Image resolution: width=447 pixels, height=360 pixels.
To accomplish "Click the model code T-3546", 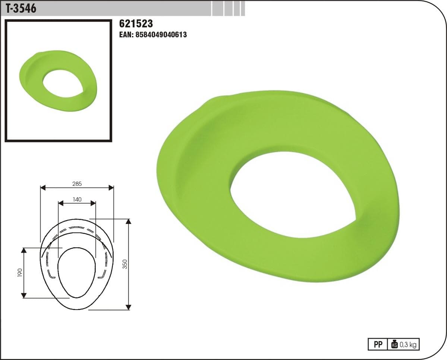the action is [21, 8].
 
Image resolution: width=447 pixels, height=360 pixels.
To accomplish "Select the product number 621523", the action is [136, 24].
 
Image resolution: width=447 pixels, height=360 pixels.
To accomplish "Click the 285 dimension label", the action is [77, 184].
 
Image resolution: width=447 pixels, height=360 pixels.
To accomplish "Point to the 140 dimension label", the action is [77, 199].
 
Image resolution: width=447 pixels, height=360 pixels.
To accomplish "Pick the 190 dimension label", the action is [20, 272].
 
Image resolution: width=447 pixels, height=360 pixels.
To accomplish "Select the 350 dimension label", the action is [125, 264].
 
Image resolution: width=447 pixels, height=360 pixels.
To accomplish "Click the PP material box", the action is [378, 345].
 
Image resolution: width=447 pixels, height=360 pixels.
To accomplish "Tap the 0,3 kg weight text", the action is [408, 345].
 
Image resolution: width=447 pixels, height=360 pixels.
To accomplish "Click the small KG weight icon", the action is [394, 344].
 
